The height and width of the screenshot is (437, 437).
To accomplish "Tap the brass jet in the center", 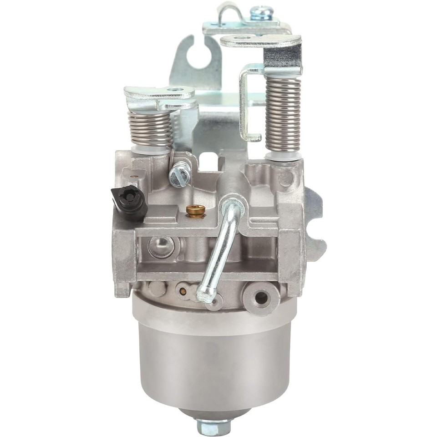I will click(x=196, y=210).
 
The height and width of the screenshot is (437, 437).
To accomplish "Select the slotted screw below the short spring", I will click(x=179, y=173).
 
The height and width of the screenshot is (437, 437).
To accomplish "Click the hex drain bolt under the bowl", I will click(x=213, y=427).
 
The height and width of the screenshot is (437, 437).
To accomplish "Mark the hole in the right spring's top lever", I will click(x=243, y=38).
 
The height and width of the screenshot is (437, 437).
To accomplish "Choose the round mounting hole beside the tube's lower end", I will click(x=261, y=298).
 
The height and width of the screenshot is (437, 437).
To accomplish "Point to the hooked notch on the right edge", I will click(x=318, y=228).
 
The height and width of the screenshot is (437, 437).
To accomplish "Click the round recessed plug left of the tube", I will click(x=162, y=246).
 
